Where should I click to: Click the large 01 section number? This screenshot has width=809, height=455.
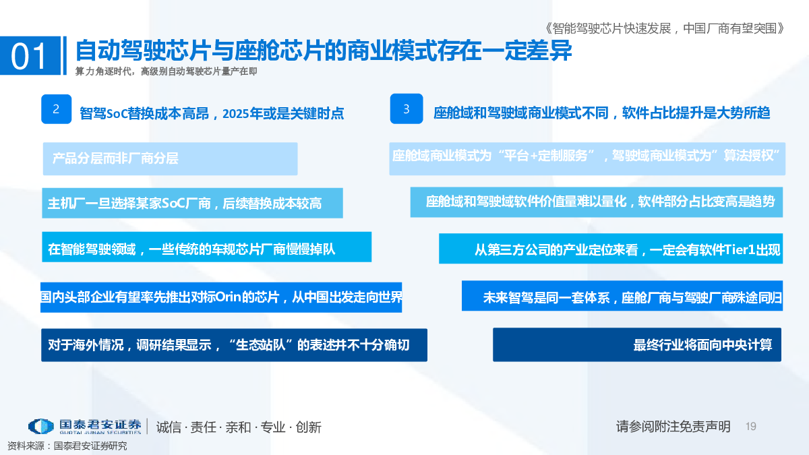[x=28, y=57]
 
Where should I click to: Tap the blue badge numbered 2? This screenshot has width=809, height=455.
[x=57, y=109]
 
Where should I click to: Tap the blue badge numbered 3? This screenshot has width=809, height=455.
[x=407, y=109]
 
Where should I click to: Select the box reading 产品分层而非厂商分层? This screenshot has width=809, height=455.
[x=170, y=159]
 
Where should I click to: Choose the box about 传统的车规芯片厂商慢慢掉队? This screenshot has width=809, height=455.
[x=206, y=247]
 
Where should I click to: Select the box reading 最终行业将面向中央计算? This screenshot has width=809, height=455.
[x=637, y=344]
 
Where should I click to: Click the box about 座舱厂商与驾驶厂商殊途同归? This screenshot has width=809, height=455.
[x=622, y=296]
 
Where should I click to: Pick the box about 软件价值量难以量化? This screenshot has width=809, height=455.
[x=597, y=202]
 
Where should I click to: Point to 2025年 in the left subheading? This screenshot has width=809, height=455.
[x=242, y=114]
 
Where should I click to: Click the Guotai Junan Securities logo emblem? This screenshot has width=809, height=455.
[x=41, y=427]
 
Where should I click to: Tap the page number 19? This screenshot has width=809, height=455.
[x=751, y=427]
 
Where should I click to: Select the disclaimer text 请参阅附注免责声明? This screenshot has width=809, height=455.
[x=673, y=427]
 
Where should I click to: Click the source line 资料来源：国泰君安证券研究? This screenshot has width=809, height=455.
[x=67, y=446]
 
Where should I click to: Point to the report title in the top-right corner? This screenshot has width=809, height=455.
[x=664, y=28]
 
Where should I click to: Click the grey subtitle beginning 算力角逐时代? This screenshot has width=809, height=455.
[x=166, y=71]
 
